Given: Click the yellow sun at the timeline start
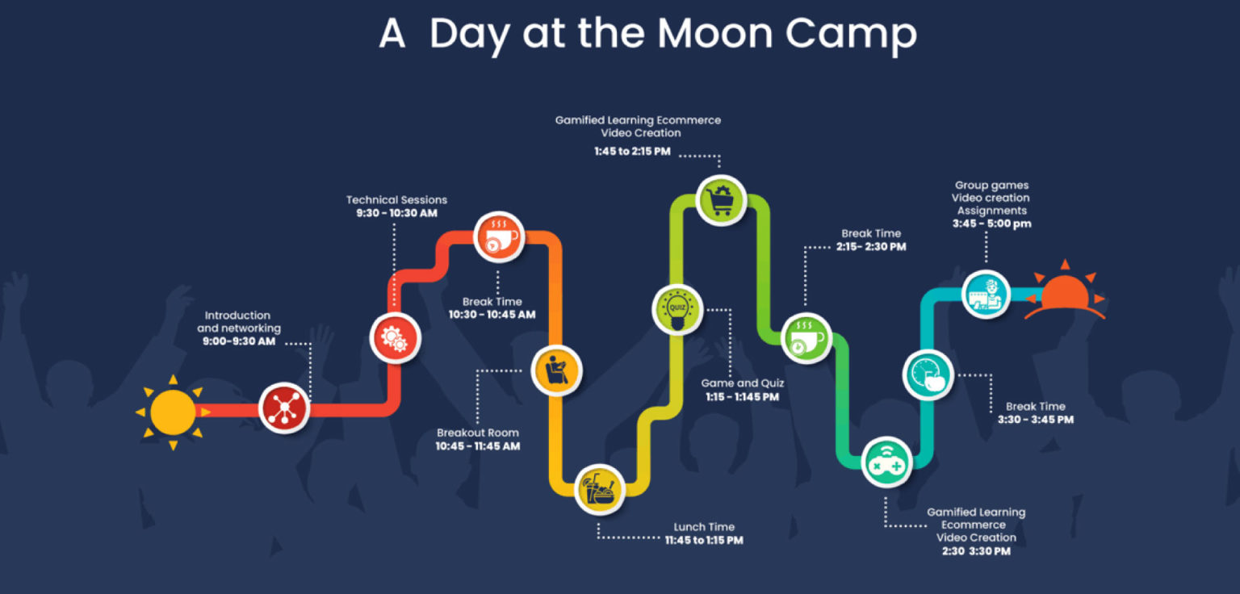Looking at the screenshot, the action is tap(174, 412).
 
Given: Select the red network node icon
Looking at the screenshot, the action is tap(284, 408).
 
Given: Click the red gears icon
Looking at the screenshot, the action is tap(396, 338).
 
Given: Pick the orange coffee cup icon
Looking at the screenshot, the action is tap(499, 237).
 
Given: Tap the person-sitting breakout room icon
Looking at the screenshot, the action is tap(556, 370).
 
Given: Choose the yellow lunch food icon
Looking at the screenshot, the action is tap(600, 489).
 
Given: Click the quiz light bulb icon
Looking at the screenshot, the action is tap(677, 309).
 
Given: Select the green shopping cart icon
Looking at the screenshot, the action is tap(721, 200).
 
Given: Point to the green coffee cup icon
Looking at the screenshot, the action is tap(806, 337).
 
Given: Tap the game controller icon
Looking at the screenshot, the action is tap(887, 462).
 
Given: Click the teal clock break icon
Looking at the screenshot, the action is tap(928, 374).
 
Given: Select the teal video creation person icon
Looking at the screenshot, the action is tap(986, 295).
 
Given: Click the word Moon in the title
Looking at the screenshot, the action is tap(714, 33).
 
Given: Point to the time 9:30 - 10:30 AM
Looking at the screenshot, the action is tap(396, 213).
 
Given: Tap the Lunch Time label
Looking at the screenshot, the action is tap(704, 526).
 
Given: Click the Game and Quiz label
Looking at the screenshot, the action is tap(743, 383).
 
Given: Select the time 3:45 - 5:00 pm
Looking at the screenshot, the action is tap(991, 224).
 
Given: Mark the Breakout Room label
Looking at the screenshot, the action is tap(478, 433).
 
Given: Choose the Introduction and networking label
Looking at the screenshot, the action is tap(239, 322).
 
